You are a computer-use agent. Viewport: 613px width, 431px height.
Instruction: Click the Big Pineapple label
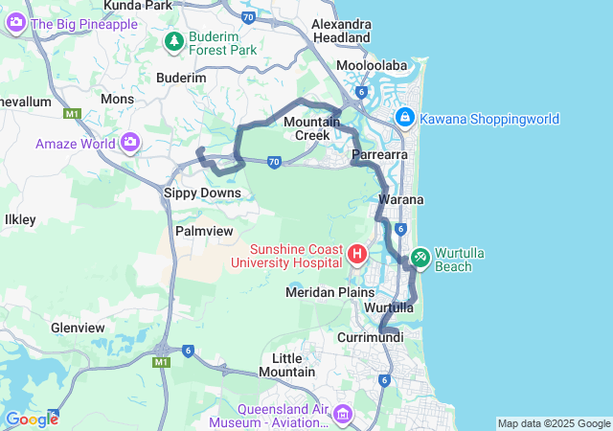point(84,24)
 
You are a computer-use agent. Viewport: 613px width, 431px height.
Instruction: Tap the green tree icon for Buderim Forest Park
point(173,41)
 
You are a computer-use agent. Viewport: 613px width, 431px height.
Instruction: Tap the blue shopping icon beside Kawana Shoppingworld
point(405,118)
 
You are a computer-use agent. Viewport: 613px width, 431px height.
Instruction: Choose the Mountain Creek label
point(312,128)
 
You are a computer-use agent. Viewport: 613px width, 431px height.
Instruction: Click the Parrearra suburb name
point(380,154)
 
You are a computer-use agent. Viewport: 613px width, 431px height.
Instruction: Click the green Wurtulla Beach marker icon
point(420,257)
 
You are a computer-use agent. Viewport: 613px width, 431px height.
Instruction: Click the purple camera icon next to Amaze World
point(129,144)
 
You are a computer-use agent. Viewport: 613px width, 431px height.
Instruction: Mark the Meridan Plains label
point(328,291)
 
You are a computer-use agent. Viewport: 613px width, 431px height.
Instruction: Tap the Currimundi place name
point(369,337)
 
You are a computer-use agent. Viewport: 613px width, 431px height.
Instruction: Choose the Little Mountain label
point(287,364)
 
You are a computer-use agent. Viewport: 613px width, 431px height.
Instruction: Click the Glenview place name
point(79,328)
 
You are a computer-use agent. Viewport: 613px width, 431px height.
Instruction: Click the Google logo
point(32,420)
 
